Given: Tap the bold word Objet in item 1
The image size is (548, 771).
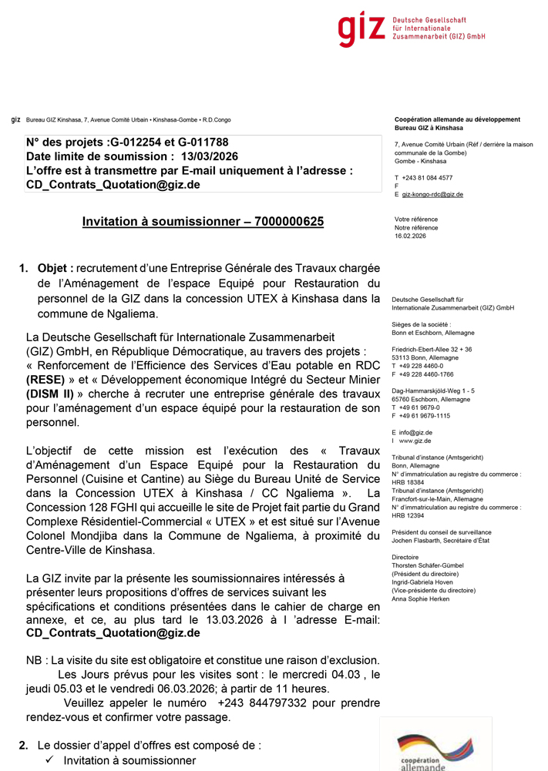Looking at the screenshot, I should pos(55,268).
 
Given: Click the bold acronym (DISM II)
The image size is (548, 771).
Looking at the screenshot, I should pos(55,394).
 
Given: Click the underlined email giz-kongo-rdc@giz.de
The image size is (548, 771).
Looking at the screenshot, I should pos(432,194).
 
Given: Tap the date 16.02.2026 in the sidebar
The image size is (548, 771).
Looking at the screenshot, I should pos(410,236).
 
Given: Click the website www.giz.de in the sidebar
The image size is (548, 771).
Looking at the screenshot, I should pos(415,441).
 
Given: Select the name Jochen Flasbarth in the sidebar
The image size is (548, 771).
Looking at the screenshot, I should pos(417,541).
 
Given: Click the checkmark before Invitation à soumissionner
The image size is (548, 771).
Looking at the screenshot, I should pos(49,761).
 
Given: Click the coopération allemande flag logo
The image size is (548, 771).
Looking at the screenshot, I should pos(435,751).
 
